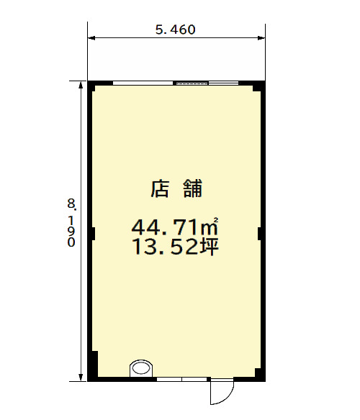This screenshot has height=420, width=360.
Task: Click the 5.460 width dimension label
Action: tap(176, 29)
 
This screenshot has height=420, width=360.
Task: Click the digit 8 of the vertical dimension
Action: tap(71, 204)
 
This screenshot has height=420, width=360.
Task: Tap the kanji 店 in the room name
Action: tap(160, 189)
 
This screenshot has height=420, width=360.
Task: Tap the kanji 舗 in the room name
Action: tap(193, 189)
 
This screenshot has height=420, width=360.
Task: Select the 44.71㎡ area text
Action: tap(175, 227)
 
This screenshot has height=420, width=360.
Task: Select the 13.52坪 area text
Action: tap(176, 247)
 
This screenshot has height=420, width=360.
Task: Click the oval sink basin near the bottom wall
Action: tap(141, 367)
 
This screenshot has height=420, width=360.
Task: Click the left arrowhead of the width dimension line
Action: tap(91, 38)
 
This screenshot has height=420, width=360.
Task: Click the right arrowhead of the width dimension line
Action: tap(261, 38)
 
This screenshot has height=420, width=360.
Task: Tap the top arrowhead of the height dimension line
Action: tap(80, 85)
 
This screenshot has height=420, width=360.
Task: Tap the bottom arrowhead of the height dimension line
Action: tap(81, 377)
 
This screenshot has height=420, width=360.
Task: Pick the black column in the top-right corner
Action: tap(258, 87)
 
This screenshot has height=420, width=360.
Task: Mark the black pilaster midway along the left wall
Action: tap(93, 234)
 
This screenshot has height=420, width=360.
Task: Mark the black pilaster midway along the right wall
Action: tap(260, 234)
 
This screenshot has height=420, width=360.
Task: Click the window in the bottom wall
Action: tap(181, 379)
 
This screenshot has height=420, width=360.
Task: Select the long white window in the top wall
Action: tap(143, 83)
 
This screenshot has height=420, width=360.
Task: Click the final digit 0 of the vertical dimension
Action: tap(71, 242)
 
